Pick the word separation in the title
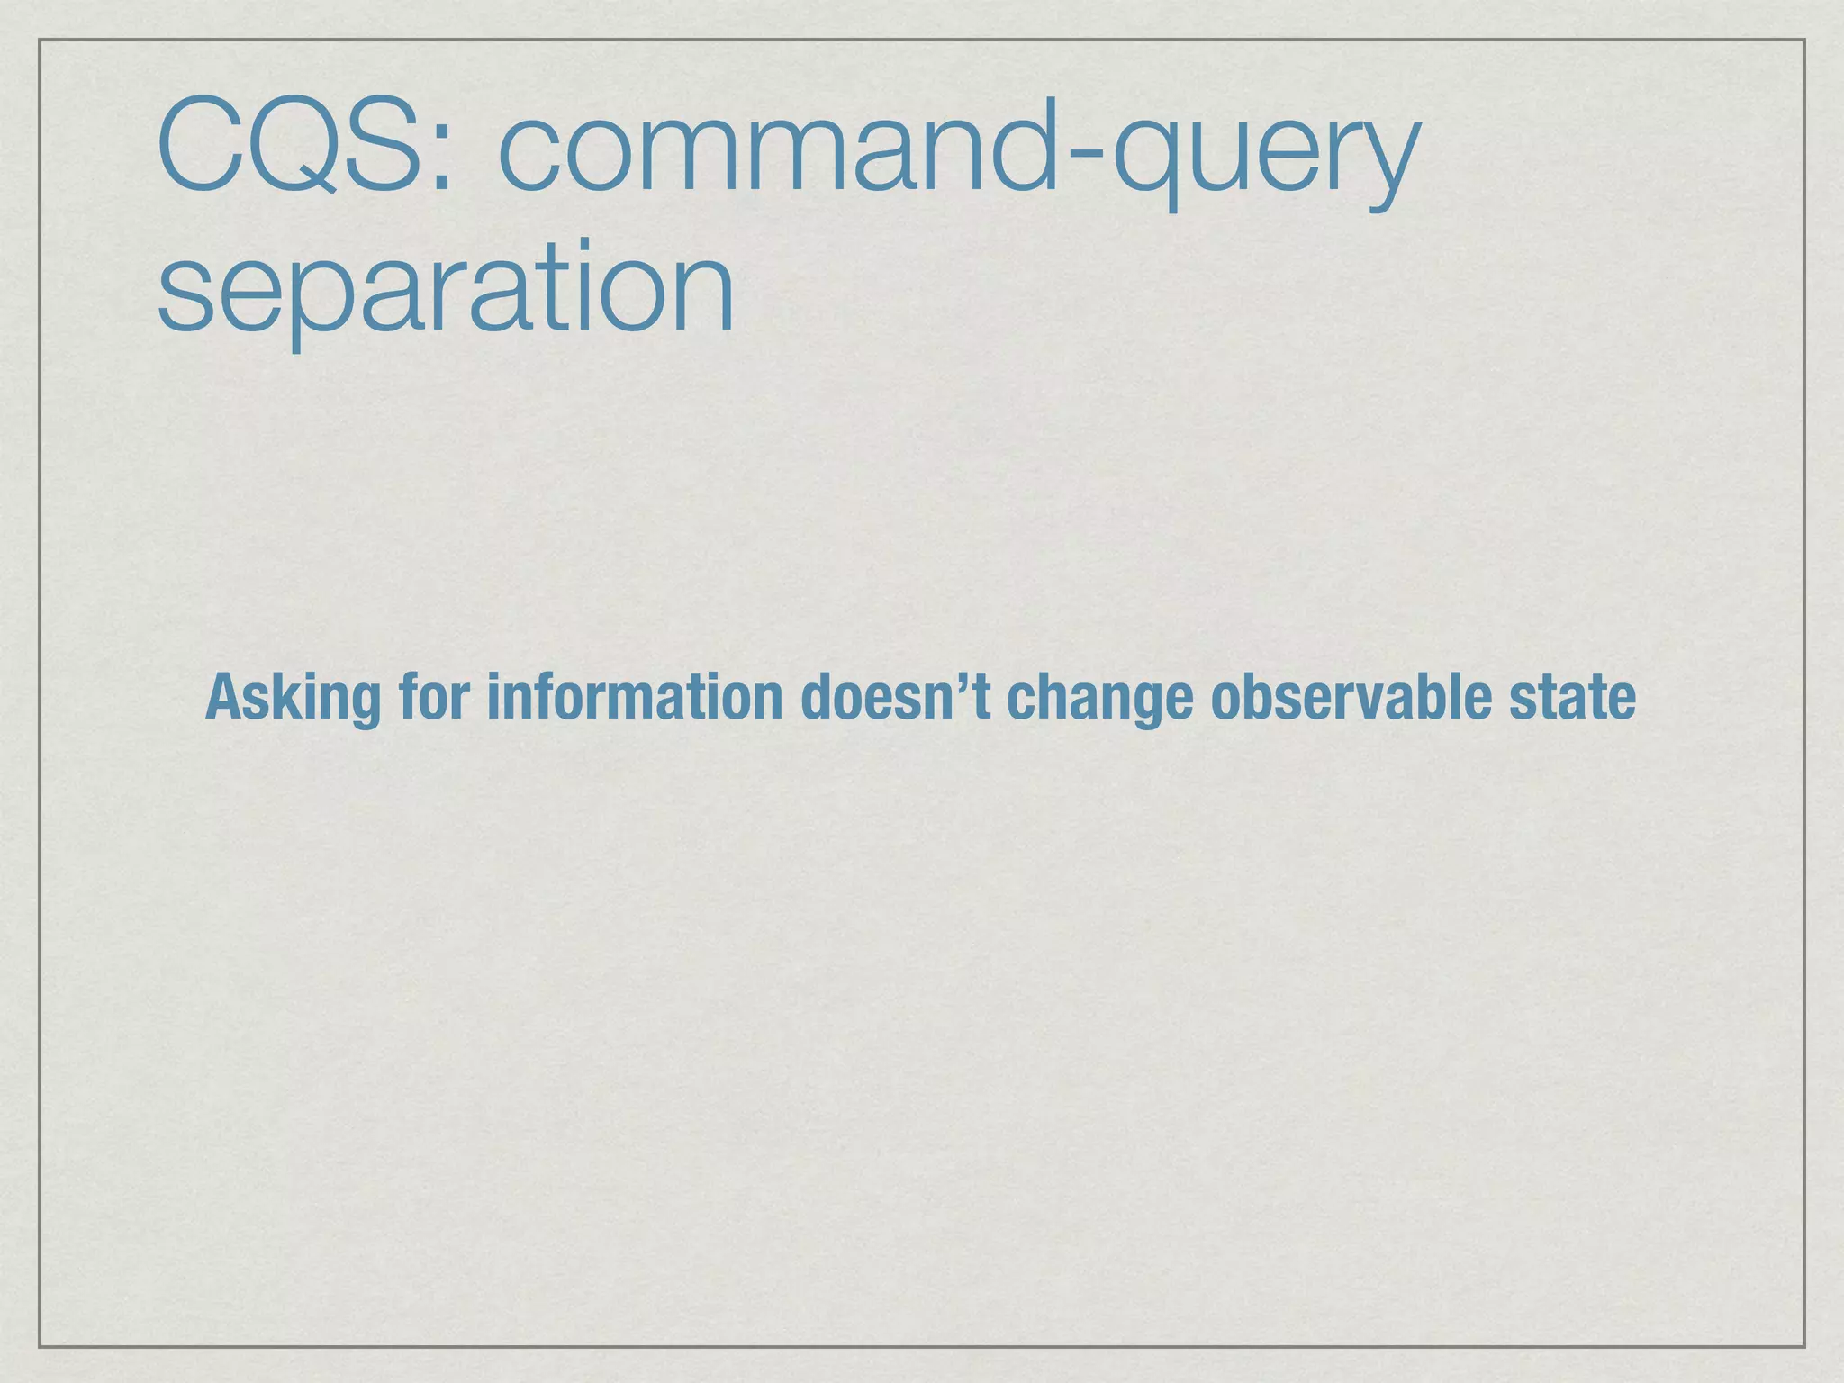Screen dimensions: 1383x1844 pos(446,290)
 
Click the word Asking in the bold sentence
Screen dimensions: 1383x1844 pos(294,699)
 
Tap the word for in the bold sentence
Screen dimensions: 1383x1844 pos(434,697)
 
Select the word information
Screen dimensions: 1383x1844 pos(634,697)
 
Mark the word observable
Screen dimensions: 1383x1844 pos(1350,697)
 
